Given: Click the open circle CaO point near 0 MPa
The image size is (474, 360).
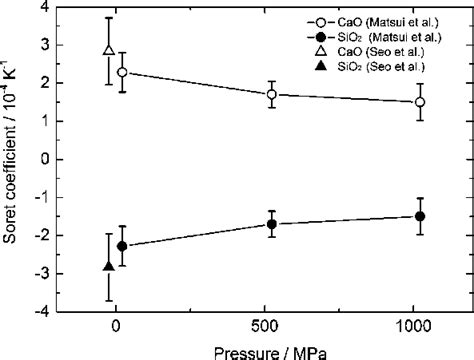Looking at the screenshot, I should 121,72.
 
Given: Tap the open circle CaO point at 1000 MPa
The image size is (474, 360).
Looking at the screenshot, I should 420,102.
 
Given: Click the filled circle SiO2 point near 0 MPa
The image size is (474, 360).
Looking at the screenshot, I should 121,246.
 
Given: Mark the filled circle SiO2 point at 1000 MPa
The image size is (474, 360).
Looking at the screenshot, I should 420,216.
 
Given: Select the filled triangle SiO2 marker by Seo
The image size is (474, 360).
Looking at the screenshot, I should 109,267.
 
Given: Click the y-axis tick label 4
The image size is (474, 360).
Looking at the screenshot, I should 46,8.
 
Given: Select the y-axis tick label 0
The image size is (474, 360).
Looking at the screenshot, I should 46,160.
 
